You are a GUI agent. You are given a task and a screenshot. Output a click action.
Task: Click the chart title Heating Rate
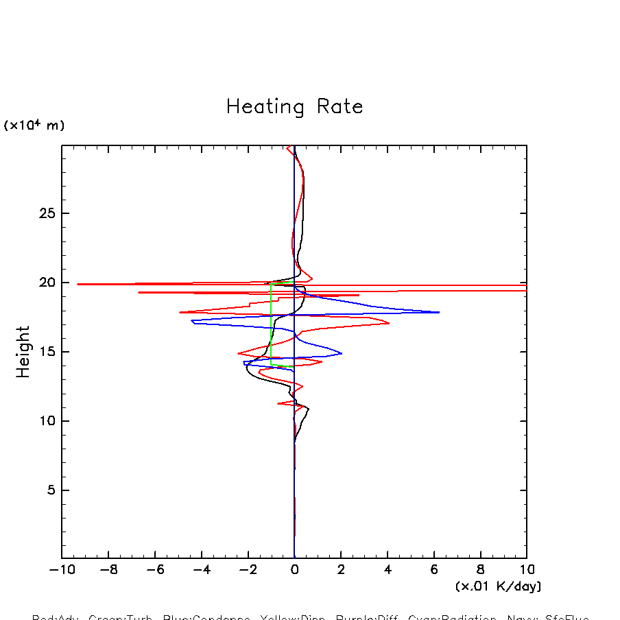tap(294, 107)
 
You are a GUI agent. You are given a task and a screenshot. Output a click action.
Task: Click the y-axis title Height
tap(24, 352)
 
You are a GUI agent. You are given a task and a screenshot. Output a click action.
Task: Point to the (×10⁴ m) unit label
tap(34, 126)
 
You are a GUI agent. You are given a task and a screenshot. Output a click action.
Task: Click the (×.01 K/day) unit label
tap(498, 586)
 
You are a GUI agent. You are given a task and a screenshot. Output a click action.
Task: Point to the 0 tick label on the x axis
tap(294, 570)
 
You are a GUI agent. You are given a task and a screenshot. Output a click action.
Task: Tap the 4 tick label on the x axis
tap(387, 570)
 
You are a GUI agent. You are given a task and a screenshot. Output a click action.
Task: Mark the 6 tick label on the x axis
tap(434, 570)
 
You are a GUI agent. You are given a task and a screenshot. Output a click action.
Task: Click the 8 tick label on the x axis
tap(481, 570)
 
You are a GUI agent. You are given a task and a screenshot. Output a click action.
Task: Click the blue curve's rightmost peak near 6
tap(438, 312)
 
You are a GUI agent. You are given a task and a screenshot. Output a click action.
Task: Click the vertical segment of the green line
tap(271, 322)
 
